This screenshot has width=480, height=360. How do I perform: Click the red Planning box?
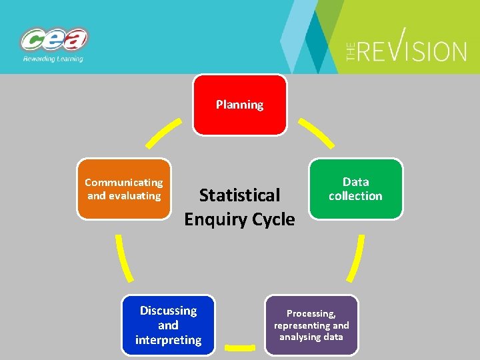point(239,105)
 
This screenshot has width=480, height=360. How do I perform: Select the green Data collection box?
point(355,189)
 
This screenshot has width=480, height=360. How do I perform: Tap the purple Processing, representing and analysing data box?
point(311,325)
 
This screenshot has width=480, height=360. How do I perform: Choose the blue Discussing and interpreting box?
point(168,325)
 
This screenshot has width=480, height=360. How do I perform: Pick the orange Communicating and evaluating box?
point(124,189)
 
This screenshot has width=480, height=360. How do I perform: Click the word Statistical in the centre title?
point(239,195)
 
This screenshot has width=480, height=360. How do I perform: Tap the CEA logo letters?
point(54,40)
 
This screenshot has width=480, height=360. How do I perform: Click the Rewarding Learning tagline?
point(53,59)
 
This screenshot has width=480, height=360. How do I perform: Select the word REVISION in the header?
point(414,50)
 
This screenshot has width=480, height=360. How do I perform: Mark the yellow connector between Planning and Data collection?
point(315,133)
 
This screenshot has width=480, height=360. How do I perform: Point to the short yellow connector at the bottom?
point(239,347)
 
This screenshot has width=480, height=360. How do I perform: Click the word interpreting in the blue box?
point(168,340)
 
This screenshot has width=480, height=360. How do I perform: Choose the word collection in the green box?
point(355,196)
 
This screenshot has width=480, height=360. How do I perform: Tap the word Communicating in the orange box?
point(124,182)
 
